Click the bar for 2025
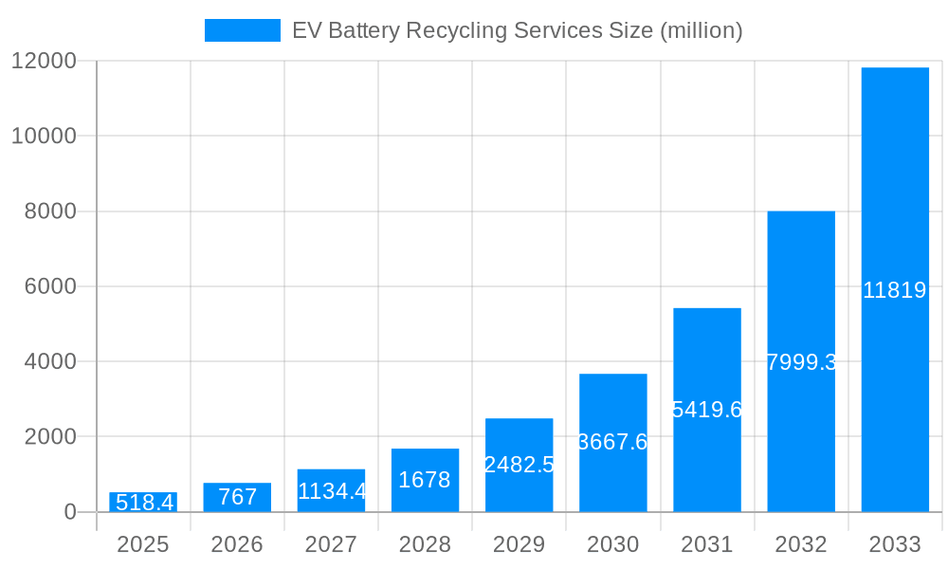143,503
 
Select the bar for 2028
425,480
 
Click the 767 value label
237,497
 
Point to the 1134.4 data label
332,491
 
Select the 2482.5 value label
519,465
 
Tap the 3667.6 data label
612,442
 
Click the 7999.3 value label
801,362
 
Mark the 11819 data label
895,290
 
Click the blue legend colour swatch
243,30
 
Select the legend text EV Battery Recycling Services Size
517,30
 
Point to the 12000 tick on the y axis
43,61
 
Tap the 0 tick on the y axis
69,512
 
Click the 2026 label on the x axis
237,544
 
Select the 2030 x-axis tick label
612,544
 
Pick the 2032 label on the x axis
801,544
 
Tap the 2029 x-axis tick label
519,544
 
